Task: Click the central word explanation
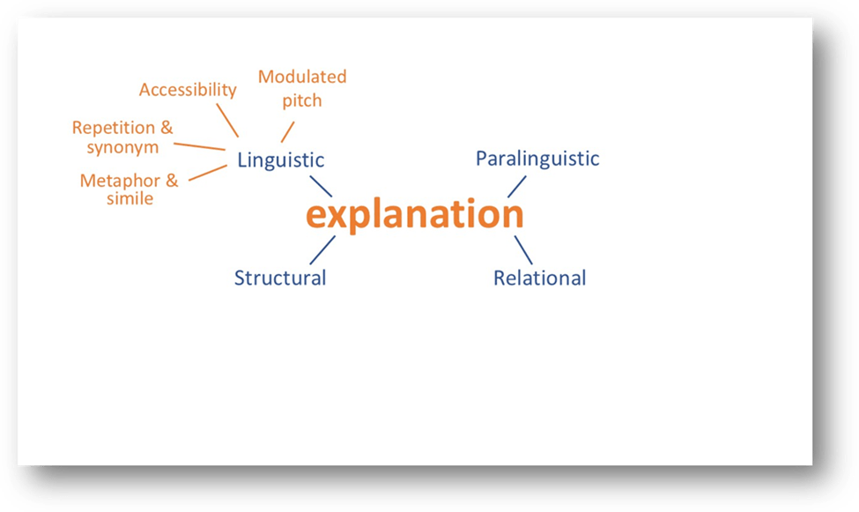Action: tap(414, 216)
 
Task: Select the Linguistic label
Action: tap(280, 160)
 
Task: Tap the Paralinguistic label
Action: tap(537, 159)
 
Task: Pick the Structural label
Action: tap(280, 278)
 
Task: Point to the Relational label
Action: tap(539, 278)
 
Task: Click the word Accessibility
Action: tap(188, 90)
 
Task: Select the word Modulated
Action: tap(302, 77)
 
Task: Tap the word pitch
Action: tap(302, 100)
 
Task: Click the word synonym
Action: tap(122, 147)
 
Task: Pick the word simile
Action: tap(130, 199)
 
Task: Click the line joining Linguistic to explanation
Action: tap(321, 186)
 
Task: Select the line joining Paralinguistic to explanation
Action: tap(516, 187)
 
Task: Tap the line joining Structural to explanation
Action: tap(322, 249)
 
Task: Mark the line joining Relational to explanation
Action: tap(523, 248)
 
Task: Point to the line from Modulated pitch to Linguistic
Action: tap(287, 130)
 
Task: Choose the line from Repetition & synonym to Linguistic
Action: tap(200, 146)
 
